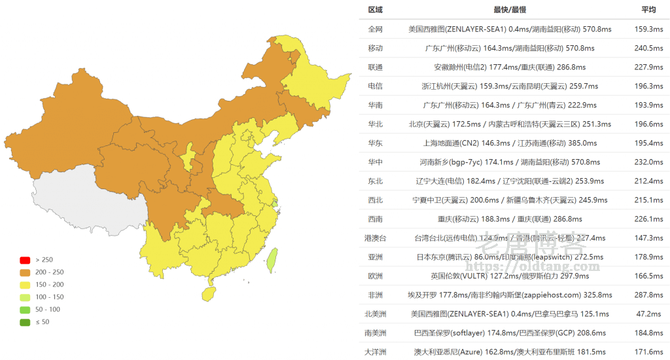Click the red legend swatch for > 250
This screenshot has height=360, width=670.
pyautogui.click(x=25, y=260)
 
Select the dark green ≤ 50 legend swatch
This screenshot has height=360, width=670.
pyautogui.click(x=25, y=321)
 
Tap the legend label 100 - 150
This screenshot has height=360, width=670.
pyautogui.click(x=48, y=297)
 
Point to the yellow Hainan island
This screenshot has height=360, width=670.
pyautogui.click(x=209, y=295)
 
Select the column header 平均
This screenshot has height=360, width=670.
pyautogui.click(x=648, y=10)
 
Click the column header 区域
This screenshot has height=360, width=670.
pyautogui.click(x=375, y=10)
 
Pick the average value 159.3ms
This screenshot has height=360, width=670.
pyautogui.click(x=648, y=29)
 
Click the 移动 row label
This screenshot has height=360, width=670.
pyautogui.click(x=375, y=48)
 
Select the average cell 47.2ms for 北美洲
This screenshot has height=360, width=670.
pyautogui.click(x=648, y=314)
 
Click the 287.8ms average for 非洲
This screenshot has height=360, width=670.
pyautogui.click(x=648, y=295)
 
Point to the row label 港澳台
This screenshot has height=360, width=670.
pyautogui.click(x=375, y=238)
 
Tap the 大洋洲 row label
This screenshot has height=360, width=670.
pyautogui.click(x=375, y=352)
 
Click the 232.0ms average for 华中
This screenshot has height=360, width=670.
pyautogui.click(x=648, y=162)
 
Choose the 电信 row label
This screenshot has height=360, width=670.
pyautogui.click(x=375, y=86)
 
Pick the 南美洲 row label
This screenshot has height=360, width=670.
pyautogui.click(x=375, y=333)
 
